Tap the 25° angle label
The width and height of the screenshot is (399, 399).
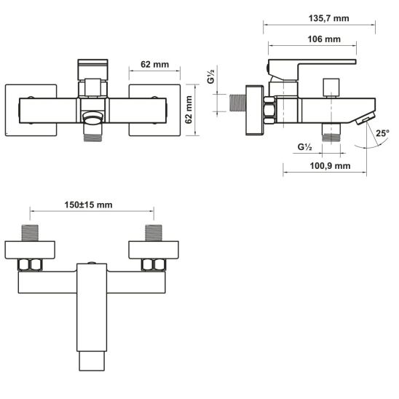tap(383, 133)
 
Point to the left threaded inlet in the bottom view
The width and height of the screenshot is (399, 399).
tap(30, 234)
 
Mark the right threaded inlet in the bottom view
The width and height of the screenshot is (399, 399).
tap(153, 234)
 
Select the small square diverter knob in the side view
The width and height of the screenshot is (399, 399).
tap(333, 85)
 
